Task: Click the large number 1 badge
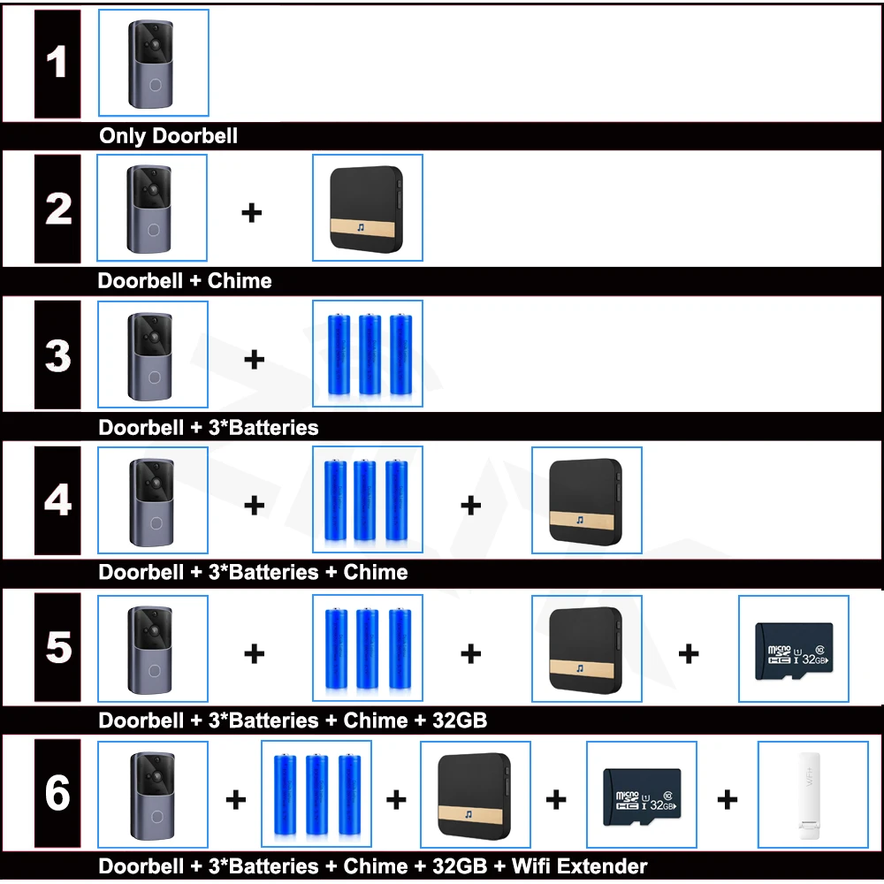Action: click(57, 64)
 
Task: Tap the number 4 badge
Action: click(57, 500)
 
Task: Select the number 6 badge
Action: click(57, 793)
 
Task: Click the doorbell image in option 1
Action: click(153, 63)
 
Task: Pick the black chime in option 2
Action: click(367, 208)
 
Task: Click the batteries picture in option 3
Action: click(367, 354)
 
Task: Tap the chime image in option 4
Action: click(586, 500)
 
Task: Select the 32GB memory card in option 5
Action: click(793, 651)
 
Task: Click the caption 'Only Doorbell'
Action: click(168, 136)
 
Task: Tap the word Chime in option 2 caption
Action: click(240, 281)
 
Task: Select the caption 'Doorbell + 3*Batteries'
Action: click(208, 428)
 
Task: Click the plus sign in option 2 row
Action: click(252, 212)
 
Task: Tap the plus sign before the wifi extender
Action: click(727, 800)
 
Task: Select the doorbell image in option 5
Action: click(153, 651)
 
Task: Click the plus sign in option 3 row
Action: click(254, 359)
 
